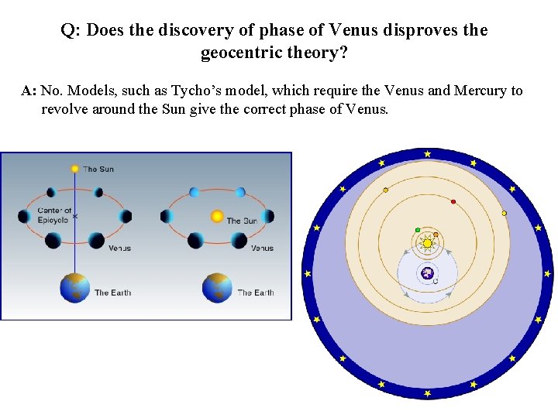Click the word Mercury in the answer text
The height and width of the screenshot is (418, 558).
pyautogui.click(x=480, y=91)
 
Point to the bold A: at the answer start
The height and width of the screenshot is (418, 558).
pyautogui.click(x=29, y=91)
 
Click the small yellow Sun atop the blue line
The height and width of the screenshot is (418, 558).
pyautogui.click(x=75, y=168)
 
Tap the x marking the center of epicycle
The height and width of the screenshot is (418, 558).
pyautogui.click(x=75, y=216)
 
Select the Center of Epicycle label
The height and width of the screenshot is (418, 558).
pyautogui.click(x=54, y=214)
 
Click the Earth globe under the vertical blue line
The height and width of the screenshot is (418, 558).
pyautogui.click(x=75, y=288)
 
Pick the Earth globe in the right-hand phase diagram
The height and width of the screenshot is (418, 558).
pyautogui.click(x=217, y=288)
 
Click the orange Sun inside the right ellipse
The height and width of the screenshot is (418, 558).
pyautogui.click(x=217, y=216)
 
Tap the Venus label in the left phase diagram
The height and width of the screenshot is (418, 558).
pyautogui.click(x=119, y=248)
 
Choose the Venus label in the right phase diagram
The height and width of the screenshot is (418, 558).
pyautogui.click(x=262, y=248)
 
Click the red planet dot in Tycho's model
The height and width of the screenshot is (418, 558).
pyautogui.click(x=453, y=202)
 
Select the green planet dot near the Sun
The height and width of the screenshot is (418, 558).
pyautogui.click(x=418, y=230)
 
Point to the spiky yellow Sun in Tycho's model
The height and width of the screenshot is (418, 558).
pyautogui.click(x=427, y=243)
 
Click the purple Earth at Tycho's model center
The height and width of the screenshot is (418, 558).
pyautogui.click(x=427, y=272)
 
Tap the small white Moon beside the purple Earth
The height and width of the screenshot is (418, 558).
pyautogui.click(x=436, y=281)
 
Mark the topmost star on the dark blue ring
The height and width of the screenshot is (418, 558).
pyautogui.click(x=427, y=154)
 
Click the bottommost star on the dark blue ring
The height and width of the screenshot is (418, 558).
pyautogui.click(x=427, y=392)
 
